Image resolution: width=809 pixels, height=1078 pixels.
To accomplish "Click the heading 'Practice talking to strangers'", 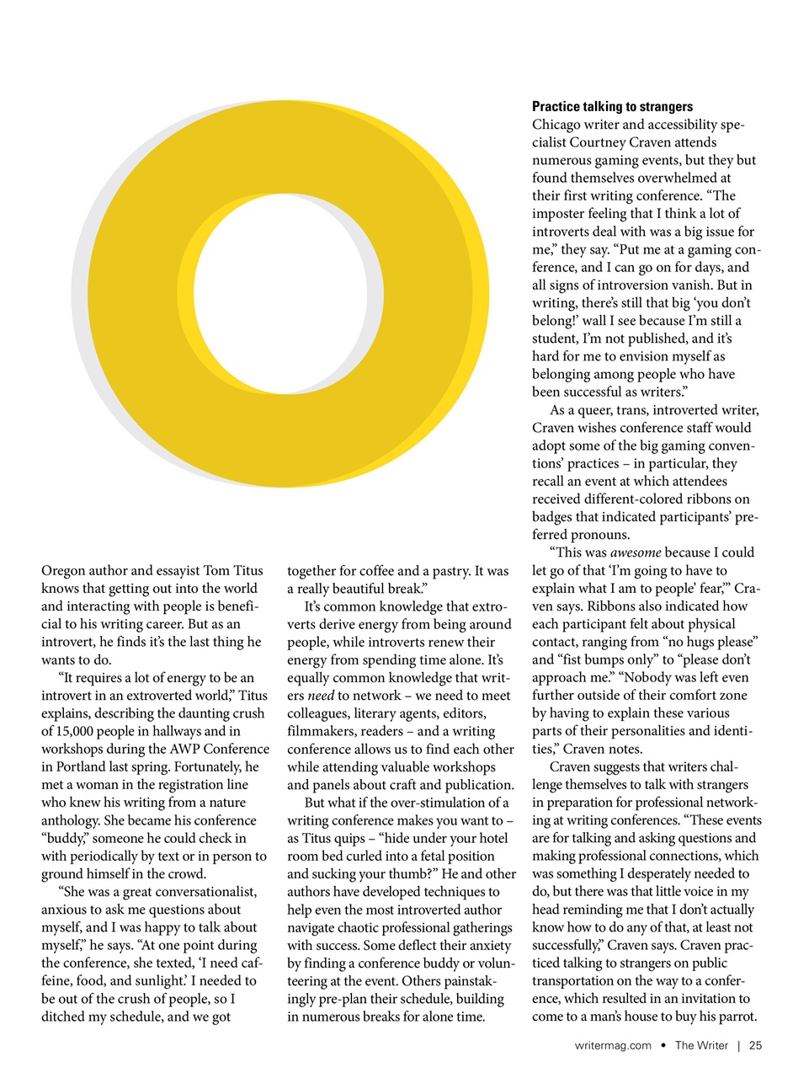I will click(612, 106).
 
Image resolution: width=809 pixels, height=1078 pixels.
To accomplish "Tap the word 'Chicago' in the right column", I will click(557, 125).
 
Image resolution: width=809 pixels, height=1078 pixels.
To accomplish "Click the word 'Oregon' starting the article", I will click(63, 571).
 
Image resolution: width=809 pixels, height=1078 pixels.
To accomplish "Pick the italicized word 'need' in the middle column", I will click(321, 696).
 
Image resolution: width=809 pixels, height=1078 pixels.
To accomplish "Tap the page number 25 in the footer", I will click(755, 1045).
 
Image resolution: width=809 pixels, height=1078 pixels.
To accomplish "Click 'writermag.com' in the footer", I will click(612, 1045).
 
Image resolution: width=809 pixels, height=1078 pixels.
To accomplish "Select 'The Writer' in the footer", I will click(701, 1045).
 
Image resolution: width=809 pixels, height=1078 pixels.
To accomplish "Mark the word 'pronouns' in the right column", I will click(599, 535).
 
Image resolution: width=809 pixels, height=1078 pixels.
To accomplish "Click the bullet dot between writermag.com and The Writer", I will click(663, 1045).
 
